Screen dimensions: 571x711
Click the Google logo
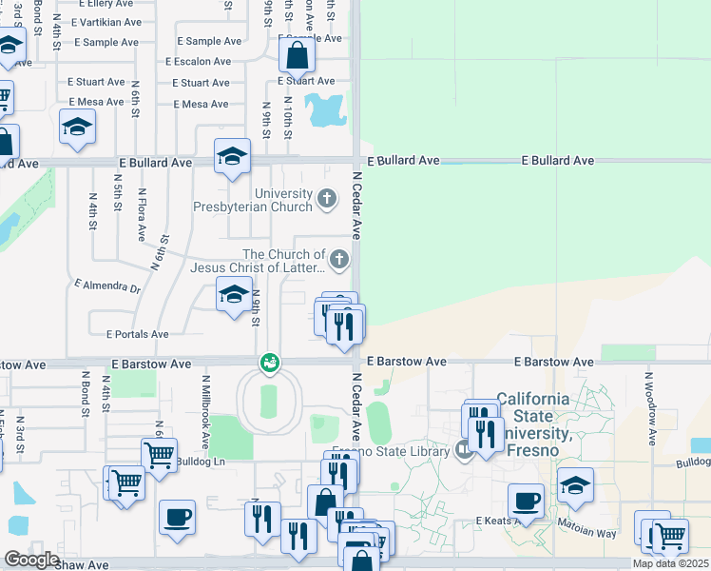(x=31, y=560)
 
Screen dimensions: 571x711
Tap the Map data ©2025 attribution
(x=670, y=563)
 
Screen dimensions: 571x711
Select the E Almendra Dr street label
(x=106, y=285)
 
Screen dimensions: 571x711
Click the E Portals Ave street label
(x=137, y=334)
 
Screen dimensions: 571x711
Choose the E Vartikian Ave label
(x=105, y=21)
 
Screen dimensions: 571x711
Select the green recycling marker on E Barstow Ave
(x=270, y=363)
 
